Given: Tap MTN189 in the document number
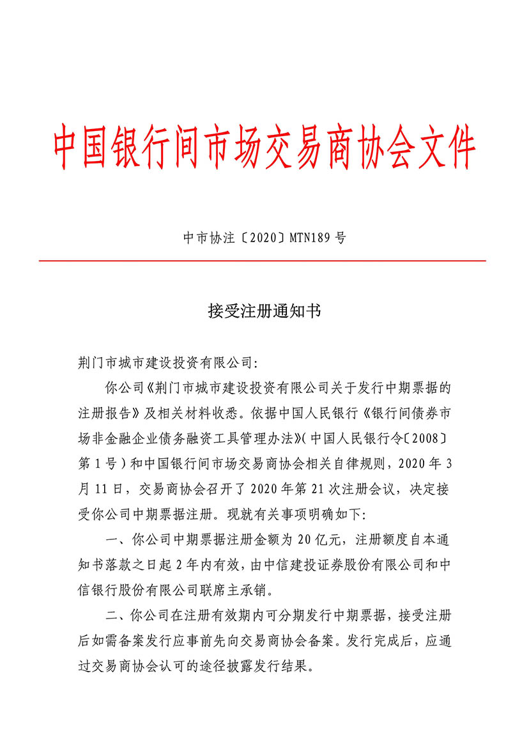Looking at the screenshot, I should (x=311, y=238).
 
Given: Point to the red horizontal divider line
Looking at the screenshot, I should (x=262, y=261).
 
